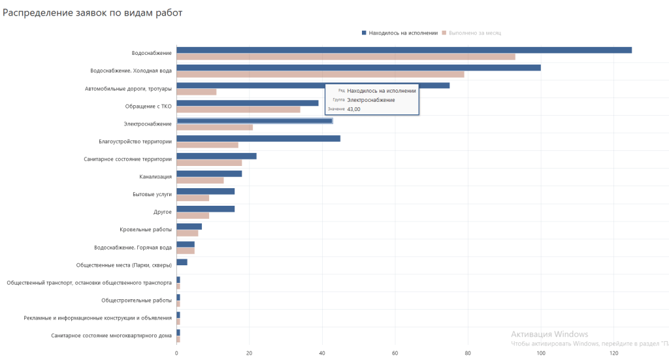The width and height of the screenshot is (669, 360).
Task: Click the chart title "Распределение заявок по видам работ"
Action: [92, 12]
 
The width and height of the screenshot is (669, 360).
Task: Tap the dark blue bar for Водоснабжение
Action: [404, 50]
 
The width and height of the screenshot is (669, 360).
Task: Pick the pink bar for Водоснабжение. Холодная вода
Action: [320, 74]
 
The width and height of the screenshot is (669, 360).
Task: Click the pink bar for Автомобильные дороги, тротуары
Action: [196, 91]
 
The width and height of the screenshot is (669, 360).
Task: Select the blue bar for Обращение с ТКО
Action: [247, 103]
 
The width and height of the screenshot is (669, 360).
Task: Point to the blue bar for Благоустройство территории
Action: [258, 138]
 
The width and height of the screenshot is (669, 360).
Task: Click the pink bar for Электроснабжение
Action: [214, 127]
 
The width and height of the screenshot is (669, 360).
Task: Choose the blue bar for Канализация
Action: [209, 173]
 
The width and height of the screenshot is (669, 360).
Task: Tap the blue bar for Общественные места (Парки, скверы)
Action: [182, 262]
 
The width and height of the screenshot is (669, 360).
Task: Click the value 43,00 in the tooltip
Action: [353, 109]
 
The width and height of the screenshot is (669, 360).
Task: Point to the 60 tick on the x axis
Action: [395, 353]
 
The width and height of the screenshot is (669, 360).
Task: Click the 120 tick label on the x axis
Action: [613, 353]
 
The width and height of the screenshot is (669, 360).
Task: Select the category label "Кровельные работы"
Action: [146, 230]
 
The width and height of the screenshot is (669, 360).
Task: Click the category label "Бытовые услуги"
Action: [152, 195]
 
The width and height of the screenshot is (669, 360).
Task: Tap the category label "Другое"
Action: [162, 212]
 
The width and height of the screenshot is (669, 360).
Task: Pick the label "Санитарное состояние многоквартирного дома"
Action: [111, 336]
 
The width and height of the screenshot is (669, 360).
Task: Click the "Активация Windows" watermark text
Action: [549, 334]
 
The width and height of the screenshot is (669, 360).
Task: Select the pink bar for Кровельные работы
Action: [187, 233]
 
